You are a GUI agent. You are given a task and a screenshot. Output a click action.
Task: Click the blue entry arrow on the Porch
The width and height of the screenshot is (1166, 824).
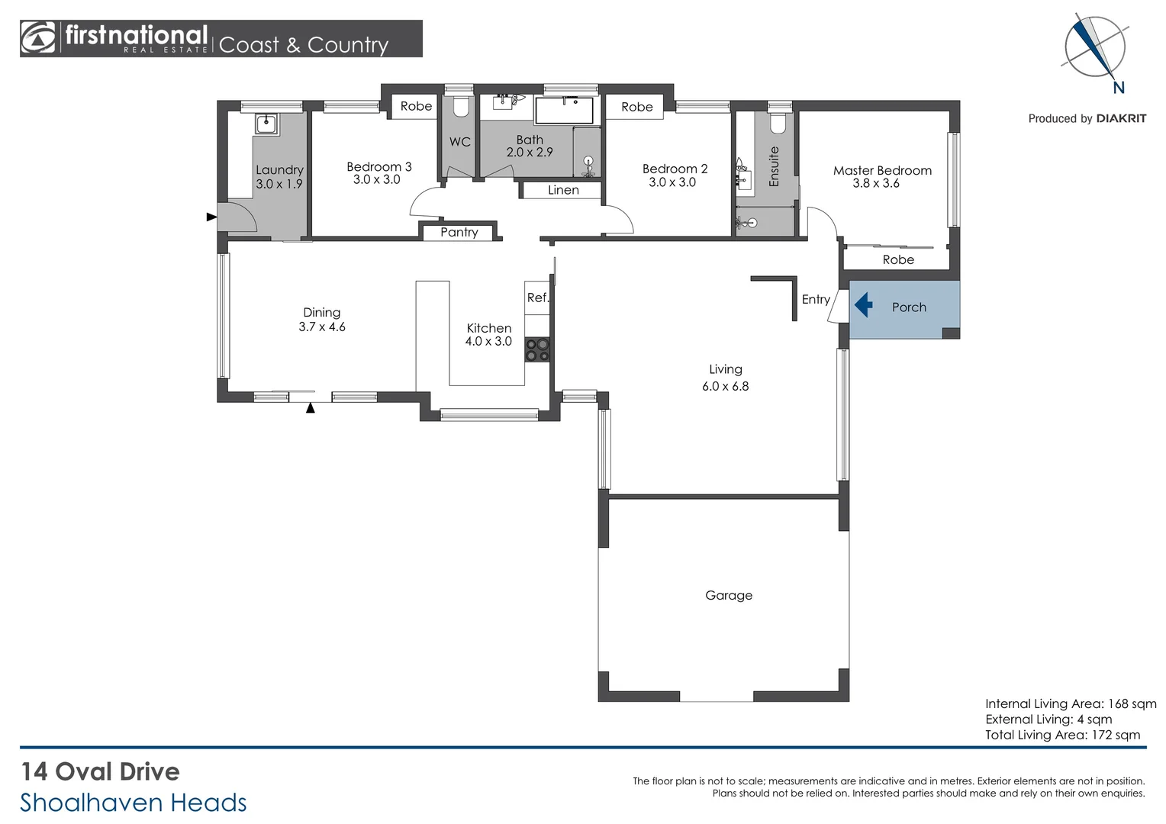pos(863,306)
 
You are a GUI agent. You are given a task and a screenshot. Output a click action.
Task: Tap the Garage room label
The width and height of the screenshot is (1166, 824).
pos(728,595)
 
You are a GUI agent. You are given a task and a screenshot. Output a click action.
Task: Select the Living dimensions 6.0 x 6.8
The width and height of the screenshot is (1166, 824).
pos(725,386)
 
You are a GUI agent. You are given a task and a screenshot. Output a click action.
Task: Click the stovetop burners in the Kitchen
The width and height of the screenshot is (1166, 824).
pos(537,349)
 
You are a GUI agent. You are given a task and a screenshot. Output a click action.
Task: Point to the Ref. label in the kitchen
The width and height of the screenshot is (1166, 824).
pos(537,298)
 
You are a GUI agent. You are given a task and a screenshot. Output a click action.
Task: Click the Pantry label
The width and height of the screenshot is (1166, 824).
pos(459,232)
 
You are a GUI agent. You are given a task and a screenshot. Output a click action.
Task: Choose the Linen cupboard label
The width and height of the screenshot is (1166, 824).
pos(563,190)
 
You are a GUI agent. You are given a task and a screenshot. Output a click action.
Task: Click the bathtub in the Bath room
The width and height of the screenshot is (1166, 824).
pos(564,111)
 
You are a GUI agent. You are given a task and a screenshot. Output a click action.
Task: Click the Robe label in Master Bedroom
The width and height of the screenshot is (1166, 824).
pos(898,259)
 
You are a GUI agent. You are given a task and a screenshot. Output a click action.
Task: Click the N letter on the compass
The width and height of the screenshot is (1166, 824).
pos(1119,88)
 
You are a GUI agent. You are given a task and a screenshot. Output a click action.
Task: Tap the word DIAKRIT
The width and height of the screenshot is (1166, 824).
pos(1121,118)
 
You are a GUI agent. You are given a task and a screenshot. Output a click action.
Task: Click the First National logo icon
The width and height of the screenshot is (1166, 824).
pos(38,38)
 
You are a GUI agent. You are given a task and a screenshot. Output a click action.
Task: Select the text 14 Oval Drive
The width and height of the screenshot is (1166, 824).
pos(100,771)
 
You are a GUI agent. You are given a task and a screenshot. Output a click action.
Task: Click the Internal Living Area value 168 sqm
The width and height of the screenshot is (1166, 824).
pos(1132,703)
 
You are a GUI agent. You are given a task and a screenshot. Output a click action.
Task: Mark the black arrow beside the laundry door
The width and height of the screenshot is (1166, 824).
pos(211,217)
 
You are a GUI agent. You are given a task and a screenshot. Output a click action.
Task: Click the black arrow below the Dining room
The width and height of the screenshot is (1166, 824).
pos(311,408)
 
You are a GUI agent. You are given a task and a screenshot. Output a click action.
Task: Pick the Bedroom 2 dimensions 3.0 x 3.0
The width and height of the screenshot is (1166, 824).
pos(672,182)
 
